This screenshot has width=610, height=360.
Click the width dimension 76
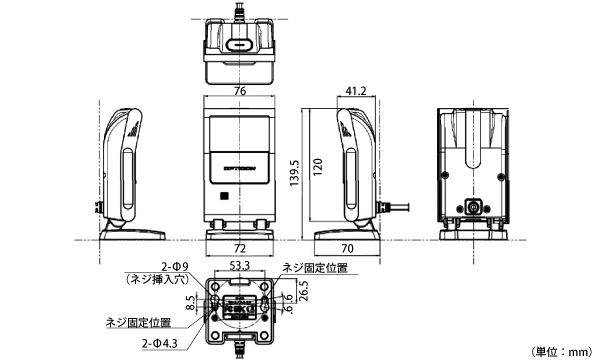(240, 90)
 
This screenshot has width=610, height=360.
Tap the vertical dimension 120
(317, 166)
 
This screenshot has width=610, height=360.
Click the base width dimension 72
(240, 246)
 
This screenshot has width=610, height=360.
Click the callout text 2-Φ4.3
(160, 343)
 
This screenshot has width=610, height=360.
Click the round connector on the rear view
(473, 207)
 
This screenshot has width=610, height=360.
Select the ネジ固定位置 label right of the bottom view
(315, 268)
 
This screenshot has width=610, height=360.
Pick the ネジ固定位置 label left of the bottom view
(138, 323)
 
